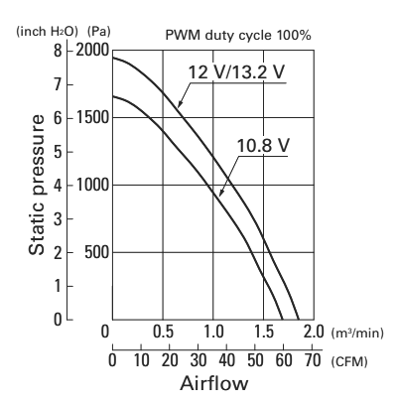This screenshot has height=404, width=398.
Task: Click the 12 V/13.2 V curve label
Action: (x=236, y=71)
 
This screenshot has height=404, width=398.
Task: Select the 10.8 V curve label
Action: (x=263, y=145)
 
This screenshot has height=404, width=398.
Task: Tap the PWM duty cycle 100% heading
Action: (x=238, y=35)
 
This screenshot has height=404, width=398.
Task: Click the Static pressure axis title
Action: (x=37, y=185)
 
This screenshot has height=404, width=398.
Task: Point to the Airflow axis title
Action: (x=214, y=383)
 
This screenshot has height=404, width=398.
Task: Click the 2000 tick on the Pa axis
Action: (x=92, y=51)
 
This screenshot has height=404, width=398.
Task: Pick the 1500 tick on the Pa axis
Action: (x=92, y=117)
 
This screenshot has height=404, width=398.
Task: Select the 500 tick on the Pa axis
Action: (x=96, y=252)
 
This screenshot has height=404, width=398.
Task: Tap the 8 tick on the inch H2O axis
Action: (x=58, y=51)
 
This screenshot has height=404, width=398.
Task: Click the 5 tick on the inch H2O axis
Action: (x=58, y=152)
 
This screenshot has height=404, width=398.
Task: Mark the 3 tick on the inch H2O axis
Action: (x=58, y=219)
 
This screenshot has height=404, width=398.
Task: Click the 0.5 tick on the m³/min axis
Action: (x=163, y=332)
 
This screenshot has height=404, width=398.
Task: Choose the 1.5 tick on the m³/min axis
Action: (x=264, y=332)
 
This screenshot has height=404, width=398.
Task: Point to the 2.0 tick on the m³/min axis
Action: (x=314, y=332)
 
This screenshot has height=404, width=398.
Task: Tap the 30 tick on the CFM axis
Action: (x=199, y=360)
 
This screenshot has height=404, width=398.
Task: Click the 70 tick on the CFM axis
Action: (x=313, y=360)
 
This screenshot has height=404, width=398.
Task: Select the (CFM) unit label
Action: (x=349, y=361)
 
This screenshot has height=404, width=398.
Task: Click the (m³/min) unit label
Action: (x=357, y=333)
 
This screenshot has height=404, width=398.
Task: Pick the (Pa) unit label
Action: (x=99, y=32)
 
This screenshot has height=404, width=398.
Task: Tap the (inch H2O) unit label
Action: (x=47, y=32)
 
